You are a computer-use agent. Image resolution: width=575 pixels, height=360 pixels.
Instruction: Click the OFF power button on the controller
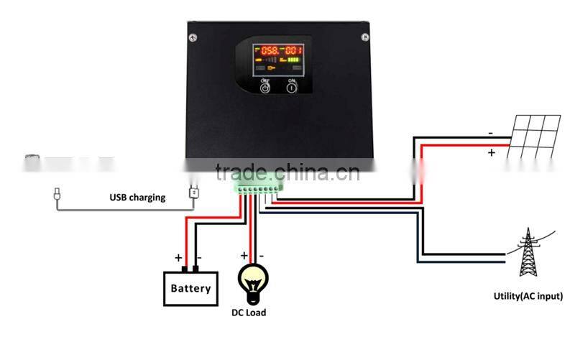[x=264, y=88]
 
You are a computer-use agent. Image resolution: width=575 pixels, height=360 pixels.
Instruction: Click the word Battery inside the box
[x=190, y=289]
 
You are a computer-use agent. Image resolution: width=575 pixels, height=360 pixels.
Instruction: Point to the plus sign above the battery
[x=178, y=257]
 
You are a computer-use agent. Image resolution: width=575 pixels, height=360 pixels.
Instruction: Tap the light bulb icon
[x=252, y=281]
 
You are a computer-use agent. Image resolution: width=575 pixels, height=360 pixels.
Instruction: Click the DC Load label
[x=248, y=313]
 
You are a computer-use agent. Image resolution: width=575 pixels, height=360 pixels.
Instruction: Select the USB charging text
[x=137, y=197]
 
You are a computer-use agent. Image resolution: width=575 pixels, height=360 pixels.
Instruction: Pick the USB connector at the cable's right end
[x=193, y=193]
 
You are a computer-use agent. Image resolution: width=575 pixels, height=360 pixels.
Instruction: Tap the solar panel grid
[x=535, y=137]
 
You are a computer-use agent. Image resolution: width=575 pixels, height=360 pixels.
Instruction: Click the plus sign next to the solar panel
[x=492, y=152]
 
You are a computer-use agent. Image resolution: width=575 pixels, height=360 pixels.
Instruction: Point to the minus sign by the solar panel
[x=490, y=133]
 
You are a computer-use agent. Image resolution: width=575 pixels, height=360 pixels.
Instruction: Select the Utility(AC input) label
[x=528, y=296]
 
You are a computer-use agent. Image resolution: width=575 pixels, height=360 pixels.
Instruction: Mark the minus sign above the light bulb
[x=262, y=256]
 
